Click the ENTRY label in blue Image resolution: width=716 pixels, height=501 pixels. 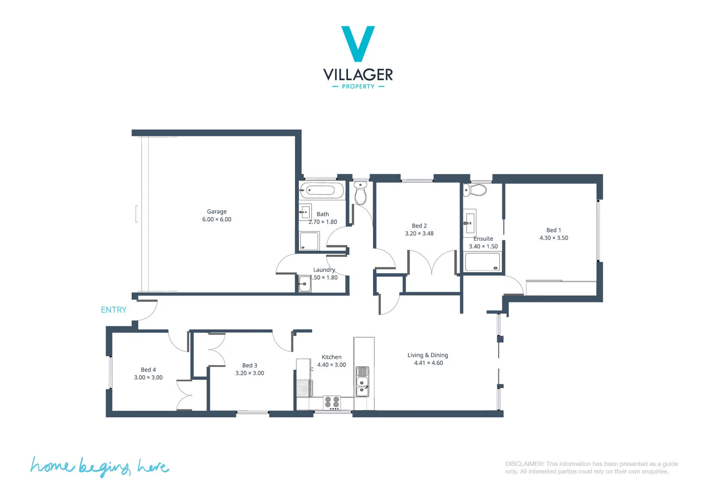pos(113,310)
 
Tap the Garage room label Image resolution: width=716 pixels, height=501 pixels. pos(217,212)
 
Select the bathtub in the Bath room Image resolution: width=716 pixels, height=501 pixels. pos(322,190)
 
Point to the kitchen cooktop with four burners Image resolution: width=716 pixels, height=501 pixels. pos(332,402)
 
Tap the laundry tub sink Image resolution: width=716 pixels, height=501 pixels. pos(304,283)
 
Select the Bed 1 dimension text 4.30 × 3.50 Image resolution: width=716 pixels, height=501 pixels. pos(554,238)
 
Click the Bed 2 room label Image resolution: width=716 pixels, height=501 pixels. pos(419,226)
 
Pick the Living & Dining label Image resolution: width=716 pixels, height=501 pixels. pos(427,355)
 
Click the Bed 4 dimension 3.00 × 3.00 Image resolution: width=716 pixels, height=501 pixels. pos(148,378)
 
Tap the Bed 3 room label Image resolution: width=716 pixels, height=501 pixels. pos(249,366)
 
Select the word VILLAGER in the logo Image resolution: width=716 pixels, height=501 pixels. pos(358,75)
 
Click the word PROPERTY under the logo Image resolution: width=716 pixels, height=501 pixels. pos(358,87)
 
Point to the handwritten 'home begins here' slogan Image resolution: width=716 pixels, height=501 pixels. pos(99,466)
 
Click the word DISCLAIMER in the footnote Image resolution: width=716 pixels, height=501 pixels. pos(524,464)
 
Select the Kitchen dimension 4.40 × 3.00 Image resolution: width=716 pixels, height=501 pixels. pos(331,365)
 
